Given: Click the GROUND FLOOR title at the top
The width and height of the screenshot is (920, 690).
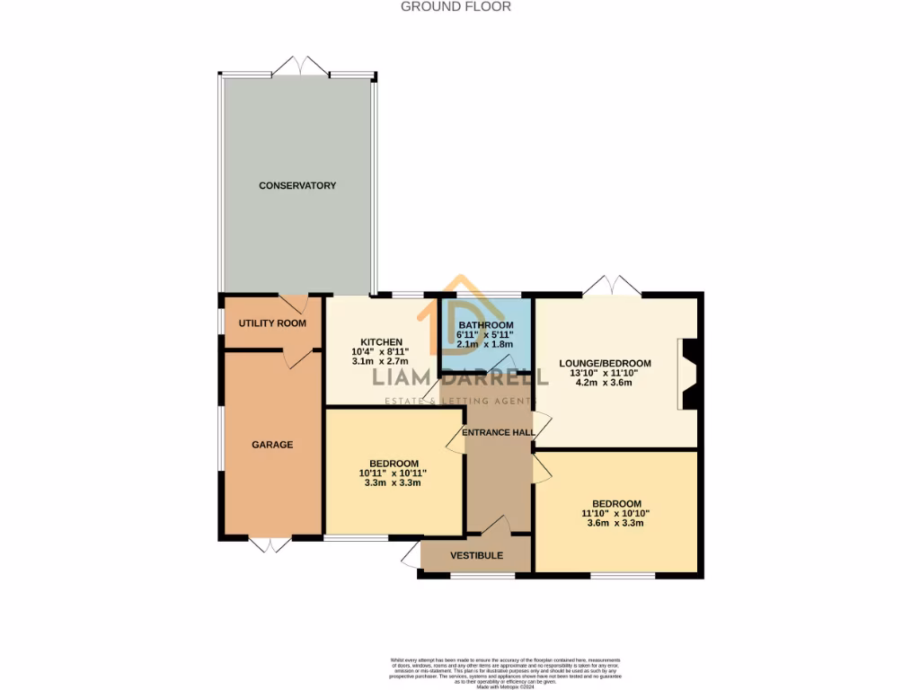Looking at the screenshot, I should (x=456, y=6).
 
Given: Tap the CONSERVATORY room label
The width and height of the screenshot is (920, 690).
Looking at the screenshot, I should (x=297, y=186).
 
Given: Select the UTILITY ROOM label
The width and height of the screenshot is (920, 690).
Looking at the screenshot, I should (x=272, y=323).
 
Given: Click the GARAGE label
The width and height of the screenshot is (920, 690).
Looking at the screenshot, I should (x=272, y=445).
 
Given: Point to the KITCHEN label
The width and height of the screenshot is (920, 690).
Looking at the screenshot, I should (x=381, y=342).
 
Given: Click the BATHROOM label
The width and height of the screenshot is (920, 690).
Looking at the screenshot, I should (x=485, y=325).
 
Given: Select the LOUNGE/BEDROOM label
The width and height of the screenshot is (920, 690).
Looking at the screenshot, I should (x=605, y=364).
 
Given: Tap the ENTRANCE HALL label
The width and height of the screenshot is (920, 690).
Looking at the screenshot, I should (x=499, y=432).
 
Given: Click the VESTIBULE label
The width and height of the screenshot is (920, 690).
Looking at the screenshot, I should (x=476, y=555).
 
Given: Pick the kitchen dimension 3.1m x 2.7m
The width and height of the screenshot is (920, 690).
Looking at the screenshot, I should (x=381, y=362).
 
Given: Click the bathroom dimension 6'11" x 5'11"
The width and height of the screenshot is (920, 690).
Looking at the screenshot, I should (x=485, y=335).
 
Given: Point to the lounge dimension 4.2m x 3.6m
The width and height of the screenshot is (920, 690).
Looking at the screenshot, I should (x=605, y=383).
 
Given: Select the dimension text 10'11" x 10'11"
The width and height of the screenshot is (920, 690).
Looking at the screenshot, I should (x=393, y=473).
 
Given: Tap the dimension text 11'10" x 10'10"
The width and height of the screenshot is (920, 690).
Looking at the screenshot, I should (x=615, y=513).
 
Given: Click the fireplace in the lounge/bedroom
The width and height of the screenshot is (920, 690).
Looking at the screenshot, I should (x=689, y=374).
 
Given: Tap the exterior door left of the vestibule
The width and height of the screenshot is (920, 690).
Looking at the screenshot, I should (x=411, y=553).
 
